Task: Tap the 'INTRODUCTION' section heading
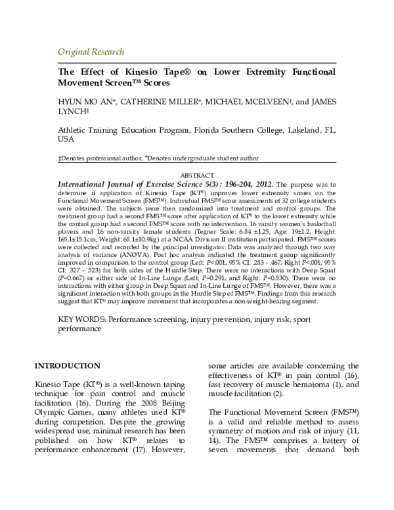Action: [67, 365]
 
